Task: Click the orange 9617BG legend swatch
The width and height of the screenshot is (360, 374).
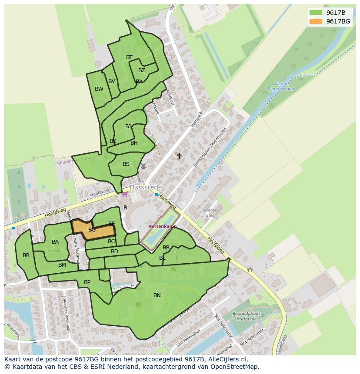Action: point(316,21)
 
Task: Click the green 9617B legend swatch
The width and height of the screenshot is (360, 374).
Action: point(316,13)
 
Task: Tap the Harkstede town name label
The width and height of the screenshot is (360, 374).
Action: point(146,187)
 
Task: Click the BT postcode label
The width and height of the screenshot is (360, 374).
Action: point(129,57)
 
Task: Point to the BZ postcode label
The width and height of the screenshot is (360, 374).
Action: point(142,70)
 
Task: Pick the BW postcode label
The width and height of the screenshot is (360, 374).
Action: point(99,89)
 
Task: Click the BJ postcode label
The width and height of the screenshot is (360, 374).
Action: point(128,126)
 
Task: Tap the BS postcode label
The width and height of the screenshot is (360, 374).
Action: point(126,164)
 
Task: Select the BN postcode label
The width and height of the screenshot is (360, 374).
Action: point(157,295)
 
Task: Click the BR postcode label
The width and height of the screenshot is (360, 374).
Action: point(26,255)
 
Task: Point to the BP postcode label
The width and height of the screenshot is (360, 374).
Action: point(87,282)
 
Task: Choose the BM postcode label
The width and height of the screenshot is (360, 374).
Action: point(62,265)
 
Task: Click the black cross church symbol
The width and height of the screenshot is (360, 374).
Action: point(179,156)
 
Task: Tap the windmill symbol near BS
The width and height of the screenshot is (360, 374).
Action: point(143,166)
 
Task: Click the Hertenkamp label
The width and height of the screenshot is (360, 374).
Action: point(162,227)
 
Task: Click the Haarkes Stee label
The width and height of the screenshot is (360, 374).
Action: point(211,212)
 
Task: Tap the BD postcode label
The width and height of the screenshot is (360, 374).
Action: point(114,252)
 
